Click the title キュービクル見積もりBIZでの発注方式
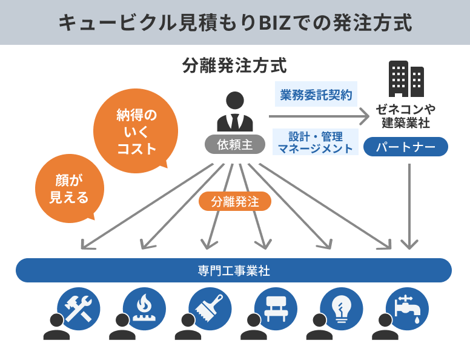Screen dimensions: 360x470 (235, 22)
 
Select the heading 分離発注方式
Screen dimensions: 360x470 (234, 65)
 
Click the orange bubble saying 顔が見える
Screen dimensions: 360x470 (69, 188)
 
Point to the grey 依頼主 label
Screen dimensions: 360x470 (234, 144)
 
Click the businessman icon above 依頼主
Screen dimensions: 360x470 (234, 113)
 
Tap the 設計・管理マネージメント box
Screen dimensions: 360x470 (316, 141)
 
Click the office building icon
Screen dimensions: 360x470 (406, 78)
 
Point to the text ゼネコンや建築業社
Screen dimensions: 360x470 (406, 116)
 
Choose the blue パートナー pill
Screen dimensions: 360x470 (406, 147)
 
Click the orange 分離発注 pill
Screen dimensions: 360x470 (234, 202)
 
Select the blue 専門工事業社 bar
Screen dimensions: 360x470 (234, 270)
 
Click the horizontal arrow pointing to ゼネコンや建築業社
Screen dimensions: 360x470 (319, 116)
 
